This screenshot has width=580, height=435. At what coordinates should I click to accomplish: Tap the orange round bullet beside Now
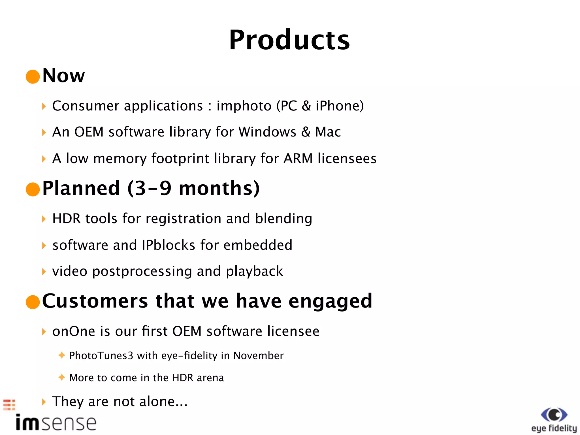33,77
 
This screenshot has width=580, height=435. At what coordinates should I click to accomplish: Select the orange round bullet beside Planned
33,189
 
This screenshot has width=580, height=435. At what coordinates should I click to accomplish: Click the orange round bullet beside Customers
33,302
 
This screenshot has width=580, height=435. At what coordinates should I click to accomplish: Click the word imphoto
244,106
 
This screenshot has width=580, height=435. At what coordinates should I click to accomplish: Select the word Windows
267,132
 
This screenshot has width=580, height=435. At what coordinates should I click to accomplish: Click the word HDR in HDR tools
66,219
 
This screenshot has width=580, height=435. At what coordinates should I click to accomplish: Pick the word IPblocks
169,245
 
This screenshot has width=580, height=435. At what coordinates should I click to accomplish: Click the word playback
254,272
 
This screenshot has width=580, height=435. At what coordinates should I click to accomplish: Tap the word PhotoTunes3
101,356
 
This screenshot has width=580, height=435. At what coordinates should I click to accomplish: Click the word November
258,356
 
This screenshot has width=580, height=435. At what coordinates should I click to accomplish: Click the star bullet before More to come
62,377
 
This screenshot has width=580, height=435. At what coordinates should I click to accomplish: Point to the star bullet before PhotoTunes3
62,355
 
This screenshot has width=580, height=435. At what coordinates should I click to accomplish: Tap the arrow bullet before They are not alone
44,402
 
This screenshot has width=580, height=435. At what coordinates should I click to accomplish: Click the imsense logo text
56,423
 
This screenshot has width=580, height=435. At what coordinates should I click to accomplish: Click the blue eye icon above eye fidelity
554,415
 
